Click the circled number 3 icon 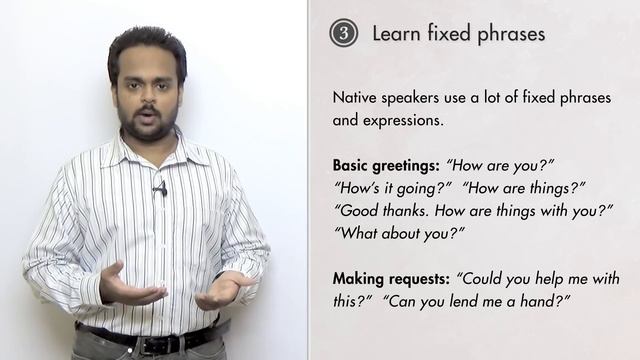pos(343,33)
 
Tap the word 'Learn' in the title pos(394,33)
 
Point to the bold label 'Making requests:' pos(390,276)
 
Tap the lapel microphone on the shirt pos(160,188)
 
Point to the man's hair pos(146,45)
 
